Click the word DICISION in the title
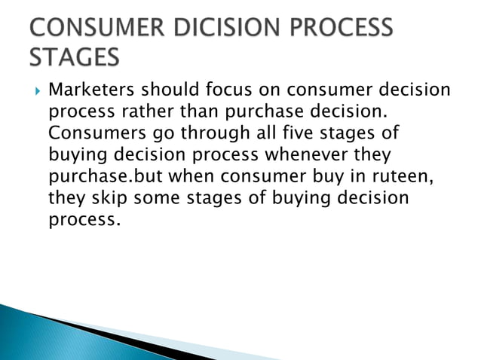209,29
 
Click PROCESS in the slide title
335,29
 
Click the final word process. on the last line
84,221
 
